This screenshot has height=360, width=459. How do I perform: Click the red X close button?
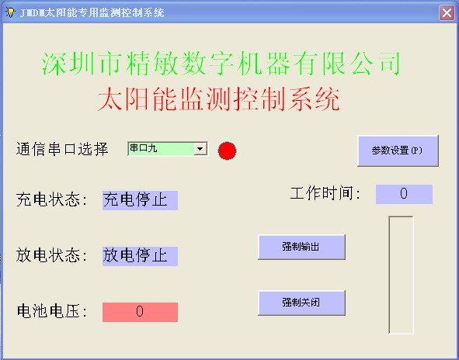point(447,13)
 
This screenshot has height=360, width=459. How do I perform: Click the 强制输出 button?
point(301,247)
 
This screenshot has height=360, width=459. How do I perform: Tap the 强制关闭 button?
point(301,303)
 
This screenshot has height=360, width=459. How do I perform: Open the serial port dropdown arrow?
point(200,149)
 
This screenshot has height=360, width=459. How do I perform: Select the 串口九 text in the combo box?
point(144,148)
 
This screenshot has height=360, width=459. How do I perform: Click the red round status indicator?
point(227,151)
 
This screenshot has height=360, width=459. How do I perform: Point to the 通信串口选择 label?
point(62,149)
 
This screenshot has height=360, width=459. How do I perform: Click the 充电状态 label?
point(52,200)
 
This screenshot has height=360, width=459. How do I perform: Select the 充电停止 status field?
point(140,200)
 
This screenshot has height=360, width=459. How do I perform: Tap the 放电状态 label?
point(52,255)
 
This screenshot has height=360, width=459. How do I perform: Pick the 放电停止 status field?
point(140,256)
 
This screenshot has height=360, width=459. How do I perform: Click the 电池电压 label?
point(52,311)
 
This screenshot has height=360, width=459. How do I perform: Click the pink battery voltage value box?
point(140,312)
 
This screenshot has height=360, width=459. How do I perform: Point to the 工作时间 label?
point(325,193)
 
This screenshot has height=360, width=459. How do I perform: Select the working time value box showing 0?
point(404,194)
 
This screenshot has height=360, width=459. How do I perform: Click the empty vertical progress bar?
point(401,275)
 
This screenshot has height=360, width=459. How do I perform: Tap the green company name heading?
point(221,63)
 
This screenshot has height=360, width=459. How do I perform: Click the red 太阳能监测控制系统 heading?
point(219,99)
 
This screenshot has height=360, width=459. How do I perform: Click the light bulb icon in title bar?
point(10,12)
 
